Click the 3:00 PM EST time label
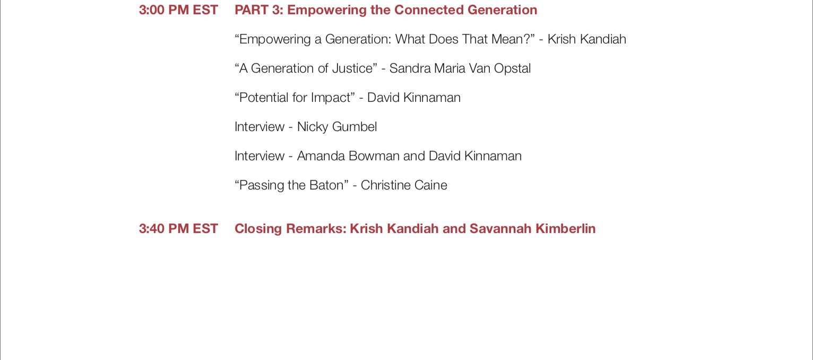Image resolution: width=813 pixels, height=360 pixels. pyautogui.click(x=178, y=10)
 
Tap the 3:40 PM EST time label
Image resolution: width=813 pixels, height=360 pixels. pyautogui.click(x=178, y=228)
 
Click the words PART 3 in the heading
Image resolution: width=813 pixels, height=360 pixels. pyautogui.click(x=258, y=10)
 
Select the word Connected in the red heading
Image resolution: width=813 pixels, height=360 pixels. pyautogui.click(x=429, y=10)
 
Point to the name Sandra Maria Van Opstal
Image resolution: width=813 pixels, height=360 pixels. pyautogui.click(x=460, y=68)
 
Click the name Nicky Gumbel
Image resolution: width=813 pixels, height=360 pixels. pyautogui.click(x=337, y=127)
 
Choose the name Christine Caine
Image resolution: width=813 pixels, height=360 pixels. pyautogui.click(x=404, y=185)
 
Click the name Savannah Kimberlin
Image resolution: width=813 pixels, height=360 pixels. pyautogui.click(x=532, y=228)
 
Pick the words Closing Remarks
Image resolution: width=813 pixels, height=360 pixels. pyautogui.click(x=290, y=228)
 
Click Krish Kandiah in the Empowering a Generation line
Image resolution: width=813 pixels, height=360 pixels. pyautogui.click(x=586, y=39)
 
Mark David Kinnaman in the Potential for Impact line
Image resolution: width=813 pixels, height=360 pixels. pyautogui.click(x=414, y=98)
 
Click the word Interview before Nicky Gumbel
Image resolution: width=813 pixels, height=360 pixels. pyautogui.click(x=260, y=127)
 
